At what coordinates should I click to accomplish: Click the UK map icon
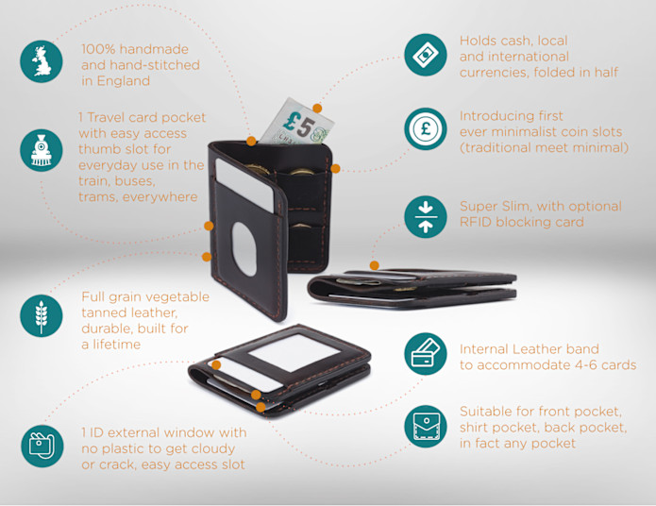[x=42, y=62]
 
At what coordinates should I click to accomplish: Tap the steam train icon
[x=42, y=150]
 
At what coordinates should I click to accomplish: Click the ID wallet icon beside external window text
[x=42, y=447]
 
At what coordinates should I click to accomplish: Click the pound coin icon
[x=425, y=129]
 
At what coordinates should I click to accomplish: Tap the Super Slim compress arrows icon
[x=425, y=216]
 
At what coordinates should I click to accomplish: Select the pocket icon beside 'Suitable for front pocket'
[x=425, y=426]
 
